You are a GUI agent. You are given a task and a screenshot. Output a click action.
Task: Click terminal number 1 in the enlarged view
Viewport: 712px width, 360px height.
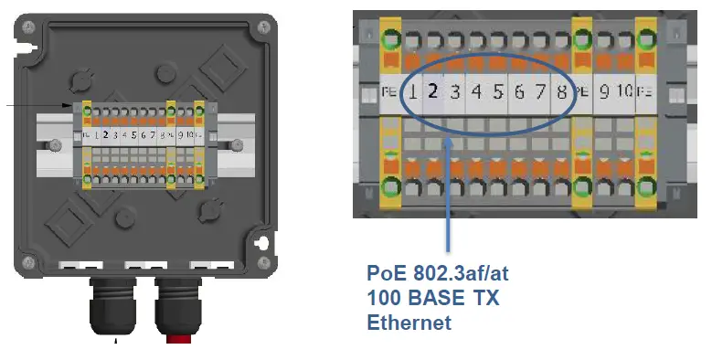point(413,91)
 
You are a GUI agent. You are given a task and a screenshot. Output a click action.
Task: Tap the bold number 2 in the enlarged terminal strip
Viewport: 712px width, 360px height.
point(433,91)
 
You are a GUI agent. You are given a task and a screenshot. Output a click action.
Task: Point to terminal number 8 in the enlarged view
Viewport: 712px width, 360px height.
point(561,91)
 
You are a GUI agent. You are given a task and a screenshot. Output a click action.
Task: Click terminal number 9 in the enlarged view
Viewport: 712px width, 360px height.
point(604,91)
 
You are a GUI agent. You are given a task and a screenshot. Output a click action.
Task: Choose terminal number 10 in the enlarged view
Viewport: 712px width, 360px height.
point(624,91)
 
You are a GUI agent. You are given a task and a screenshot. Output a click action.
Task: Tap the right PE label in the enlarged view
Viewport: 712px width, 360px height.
point(646,91)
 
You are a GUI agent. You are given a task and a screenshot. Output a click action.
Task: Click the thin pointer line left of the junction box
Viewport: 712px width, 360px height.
point(37,106)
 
